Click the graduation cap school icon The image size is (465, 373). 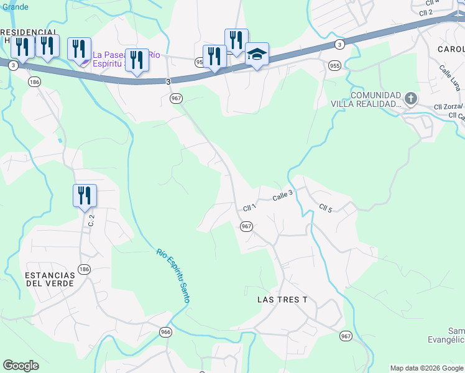tap(257, 54)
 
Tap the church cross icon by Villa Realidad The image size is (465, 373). tap(410, 98)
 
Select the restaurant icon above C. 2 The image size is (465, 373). tap(85, 195)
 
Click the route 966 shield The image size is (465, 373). tap(165, 332)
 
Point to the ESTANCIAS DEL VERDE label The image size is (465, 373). tap(50, 279)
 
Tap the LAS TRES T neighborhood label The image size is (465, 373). tap(282, 300)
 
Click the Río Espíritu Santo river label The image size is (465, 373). tap(173, 276)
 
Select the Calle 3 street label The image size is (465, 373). tap(282, 195)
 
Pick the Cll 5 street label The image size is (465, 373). tap(326, 207)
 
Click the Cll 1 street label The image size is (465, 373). tap(249, 207)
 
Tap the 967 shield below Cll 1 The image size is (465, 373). tap(246, 226)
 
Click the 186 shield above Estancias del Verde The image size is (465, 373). tap(85, 269)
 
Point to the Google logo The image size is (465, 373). tap(21, 366)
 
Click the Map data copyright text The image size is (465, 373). tap(426, 368)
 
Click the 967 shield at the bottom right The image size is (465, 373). tap(346, 336)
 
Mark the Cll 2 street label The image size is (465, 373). tap(426, 12)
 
